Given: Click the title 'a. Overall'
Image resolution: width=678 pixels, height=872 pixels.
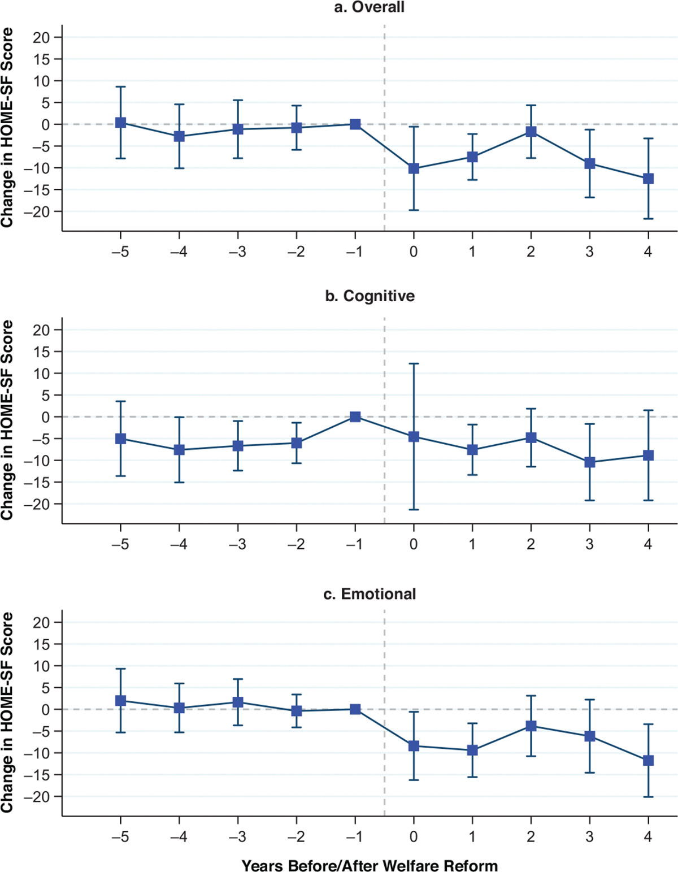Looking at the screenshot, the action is click(x=369, y=7).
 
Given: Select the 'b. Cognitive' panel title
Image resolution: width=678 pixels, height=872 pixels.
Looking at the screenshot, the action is click(x=370, y=296).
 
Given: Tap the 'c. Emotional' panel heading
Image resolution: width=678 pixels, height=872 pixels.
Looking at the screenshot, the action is click(x=370, y=594).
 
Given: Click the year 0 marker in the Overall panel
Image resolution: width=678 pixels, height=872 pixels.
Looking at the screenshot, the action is click(x=414, y=168).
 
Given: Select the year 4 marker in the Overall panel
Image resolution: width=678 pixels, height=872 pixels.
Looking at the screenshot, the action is click(x=648, y=179).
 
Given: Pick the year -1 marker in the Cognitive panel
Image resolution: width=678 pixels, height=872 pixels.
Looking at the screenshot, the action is click(x=355, y=417).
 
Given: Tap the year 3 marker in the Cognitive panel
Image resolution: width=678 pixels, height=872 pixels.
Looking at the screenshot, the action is click(x=590, y=462).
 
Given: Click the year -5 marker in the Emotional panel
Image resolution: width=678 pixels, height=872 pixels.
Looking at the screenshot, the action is click(x=121, y=701).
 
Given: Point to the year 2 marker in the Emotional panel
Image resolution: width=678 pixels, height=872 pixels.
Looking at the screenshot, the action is click(x=531, y=726).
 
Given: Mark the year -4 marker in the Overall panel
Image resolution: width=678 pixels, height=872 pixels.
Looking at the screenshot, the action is click(x=179, y=136).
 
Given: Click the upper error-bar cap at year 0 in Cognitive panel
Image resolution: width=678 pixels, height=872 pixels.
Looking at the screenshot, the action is click(x=414, y=363).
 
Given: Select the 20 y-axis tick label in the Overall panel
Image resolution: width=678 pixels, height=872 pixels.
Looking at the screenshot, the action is click(x=42, y=37).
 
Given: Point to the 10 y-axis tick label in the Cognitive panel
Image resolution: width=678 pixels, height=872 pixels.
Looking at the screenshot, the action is click(x=42, y=374).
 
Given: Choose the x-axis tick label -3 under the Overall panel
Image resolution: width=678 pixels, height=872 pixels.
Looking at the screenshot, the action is click(x=237, y=251).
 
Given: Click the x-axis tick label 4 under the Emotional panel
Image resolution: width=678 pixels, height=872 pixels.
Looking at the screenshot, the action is click(x=648, y=837).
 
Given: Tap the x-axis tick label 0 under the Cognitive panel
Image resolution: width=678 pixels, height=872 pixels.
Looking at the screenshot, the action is click(x=414, y=545).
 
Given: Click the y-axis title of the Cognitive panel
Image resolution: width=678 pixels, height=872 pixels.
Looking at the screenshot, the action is click(x=7, y=420).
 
